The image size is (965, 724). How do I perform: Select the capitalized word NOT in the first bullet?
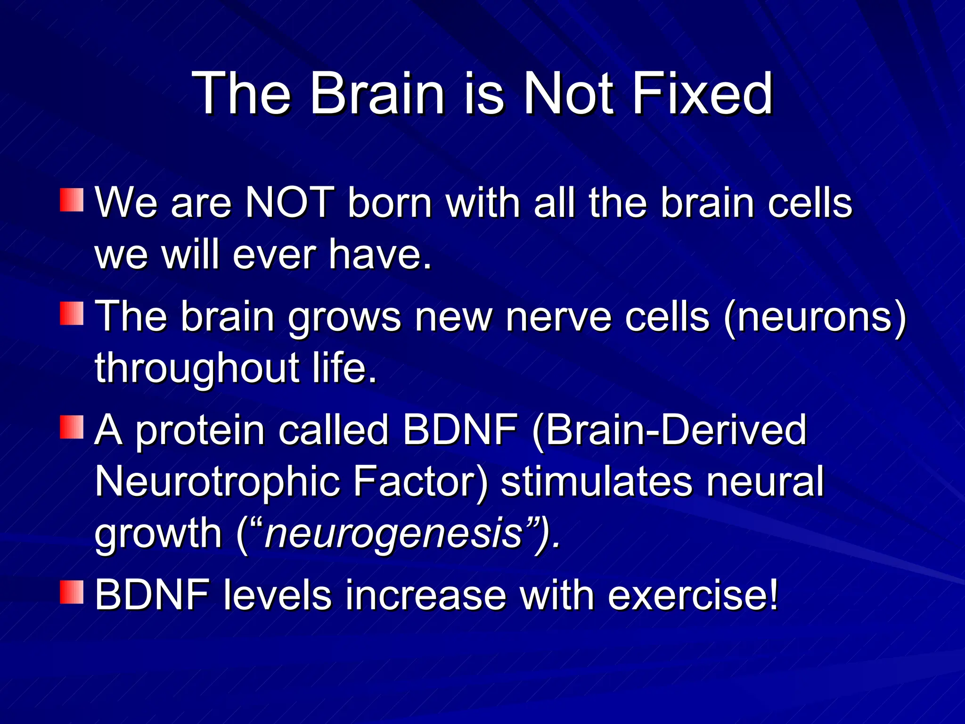tap(290, 203)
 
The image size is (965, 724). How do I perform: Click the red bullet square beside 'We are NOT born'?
tap(72, 200)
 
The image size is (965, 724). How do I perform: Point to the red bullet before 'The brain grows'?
tap(72, 313)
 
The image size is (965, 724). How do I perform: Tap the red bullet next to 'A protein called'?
tap(72, 427)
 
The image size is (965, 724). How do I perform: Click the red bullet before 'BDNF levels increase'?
tap(72, 592)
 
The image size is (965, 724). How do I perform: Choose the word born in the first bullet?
tap(390, 203)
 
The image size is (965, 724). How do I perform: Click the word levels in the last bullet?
tap(278, 595)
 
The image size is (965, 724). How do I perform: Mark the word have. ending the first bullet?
tap(380, 255)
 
